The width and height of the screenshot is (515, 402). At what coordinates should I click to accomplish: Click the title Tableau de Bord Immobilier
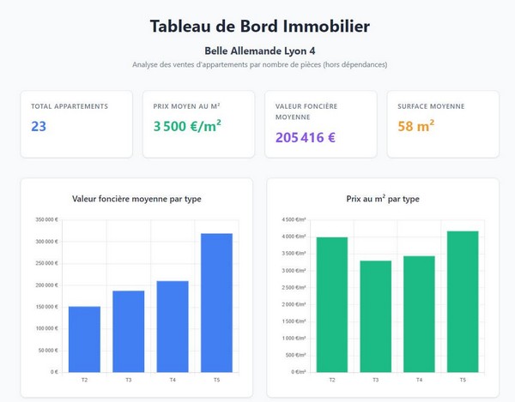point(259,26)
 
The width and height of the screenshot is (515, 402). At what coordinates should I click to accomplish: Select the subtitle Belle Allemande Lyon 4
point(259,51)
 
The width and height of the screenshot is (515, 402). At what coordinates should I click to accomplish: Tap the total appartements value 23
point(39,127)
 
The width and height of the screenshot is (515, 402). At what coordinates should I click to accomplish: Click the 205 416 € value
point(306,137)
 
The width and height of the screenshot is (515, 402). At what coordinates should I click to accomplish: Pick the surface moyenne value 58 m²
point(416,127)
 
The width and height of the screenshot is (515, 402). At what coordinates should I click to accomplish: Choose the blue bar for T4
point(173,326)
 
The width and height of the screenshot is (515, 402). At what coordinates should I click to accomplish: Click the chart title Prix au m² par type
point(383,199)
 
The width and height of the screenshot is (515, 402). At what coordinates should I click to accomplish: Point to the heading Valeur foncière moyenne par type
point(137,199)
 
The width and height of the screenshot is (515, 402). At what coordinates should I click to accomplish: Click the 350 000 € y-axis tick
point(47,219)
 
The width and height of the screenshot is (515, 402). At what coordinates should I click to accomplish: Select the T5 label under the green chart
point(463,379)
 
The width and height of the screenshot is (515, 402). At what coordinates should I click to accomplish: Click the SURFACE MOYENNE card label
point(431,106)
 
